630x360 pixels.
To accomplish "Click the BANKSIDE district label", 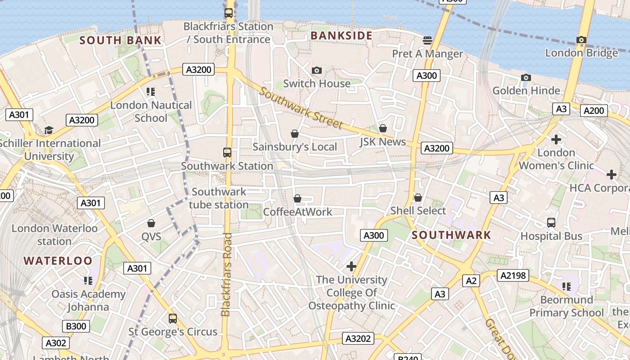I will click(342, 36).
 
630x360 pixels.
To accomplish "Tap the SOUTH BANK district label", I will click(120, 40).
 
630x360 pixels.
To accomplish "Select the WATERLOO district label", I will click(58, 261).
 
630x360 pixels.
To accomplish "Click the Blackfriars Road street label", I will click(226, 274).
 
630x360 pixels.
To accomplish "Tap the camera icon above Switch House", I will click(317, 70).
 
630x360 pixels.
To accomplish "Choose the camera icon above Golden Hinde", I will click(526, 78).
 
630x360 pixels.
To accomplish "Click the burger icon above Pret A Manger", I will click(427, 40).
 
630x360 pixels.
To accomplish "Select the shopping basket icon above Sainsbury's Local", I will click(295, 134).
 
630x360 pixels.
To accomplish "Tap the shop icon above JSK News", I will click(383, 129).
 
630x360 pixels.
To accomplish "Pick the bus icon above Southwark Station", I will click(227, 153).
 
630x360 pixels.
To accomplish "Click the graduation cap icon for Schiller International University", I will click(49, 130).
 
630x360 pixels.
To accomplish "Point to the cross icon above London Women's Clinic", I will click(556, 139).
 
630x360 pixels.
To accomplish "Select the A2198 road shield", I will click(513, 275).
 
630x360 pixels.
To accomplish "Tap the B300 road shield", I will click(76, 326).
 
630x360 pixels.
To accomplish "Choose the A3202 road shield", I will click(359, 338).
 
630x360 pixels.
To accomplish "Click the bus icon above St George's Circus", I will click(173, 319).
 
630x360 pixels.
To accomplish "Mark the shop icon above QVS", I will click(151, 223).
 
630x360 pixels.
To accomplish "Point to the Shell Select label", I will click(418, 211).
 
